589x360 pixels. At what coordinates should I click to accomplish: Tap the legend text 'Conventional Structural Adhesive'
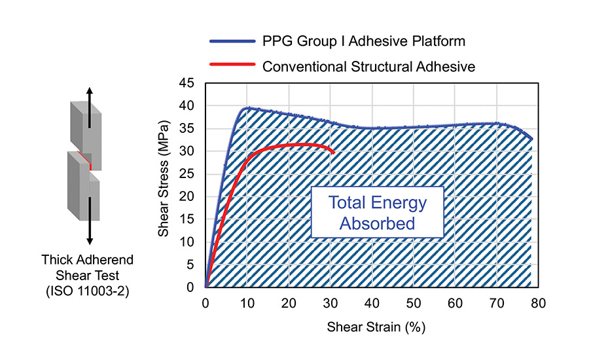pyautogui.click(x=368, y=66)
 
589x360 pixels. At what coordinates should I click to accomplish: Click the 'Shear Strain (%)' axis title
pyautogui.click(x=372, y=325)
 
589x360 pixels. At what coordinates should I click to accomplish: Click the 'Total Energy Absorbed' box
pyautogui.click(x=377, y=213)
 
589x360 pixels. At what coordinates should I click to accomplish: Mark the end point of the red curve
pyautogui.click(x=334, y=153)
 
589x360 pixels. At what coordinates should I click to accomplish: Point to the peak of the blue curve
pyautogui.click(x=247, y=108)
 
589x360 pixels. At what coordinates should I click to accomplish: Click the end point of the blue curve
pyautogui.click(x=531, y=139)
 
